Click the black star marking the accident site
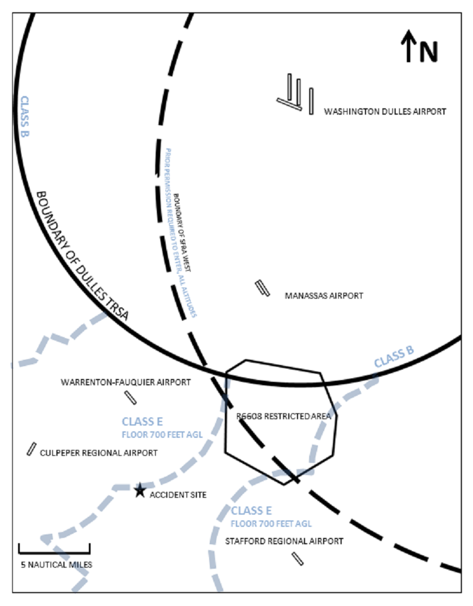(x=139, y=490)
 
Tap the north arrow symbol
(x=408, y=48)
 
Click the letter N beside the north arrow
(x=428, y=52)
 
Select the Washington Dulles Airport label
(x=385, y=111)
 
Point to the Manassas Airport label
(x=324, y=296)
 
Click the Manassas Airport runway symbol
(x=263, y=288)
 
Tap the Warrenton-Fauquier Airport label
(x=126, y=382)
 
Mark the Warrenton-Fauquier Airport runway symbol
(x=131, y=397)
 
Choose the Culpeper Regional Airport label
(x=98, y=453)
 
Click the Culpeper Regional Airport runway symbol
(x=31, y=449)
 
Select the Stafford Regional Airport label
(x=284, y=541)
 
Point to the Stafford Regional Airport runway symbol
(x=298, y=559)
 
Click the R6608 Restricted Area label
(x=284, y=416)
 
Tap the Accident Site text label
(x=178, y=495)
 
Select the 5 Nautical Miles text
(x=56, y=565)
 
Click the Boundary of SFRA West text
(x=182, y=233)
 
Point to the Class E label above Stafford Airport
(x=251, y=511)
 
